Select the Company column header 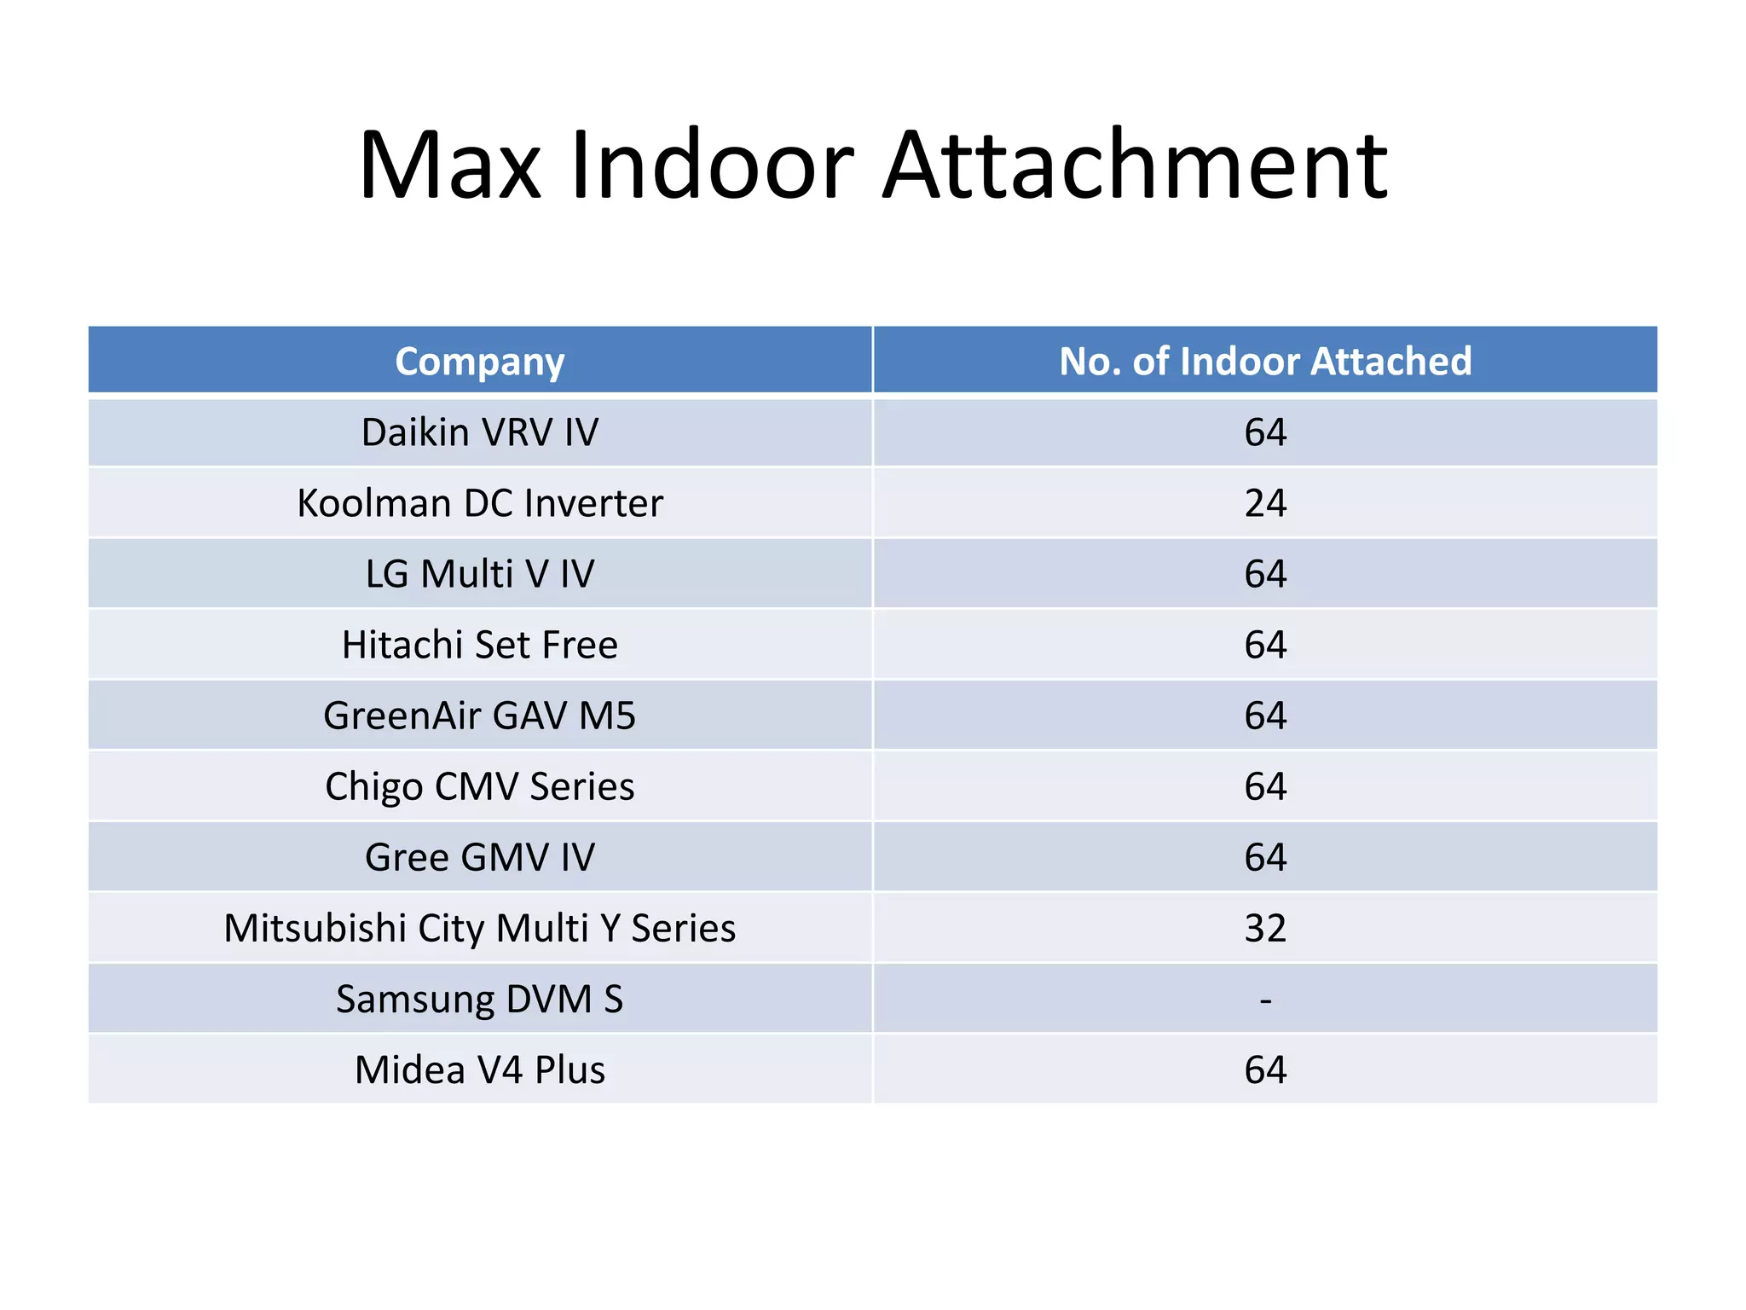pyautogui.click(x=479, y=362)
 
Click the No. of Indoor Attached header pyautogui.click(x=1265, y=362)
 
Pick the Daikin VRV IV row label pyautogui.click(x=479, y=432)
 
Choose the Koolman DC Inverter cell pyautogui.click(x=479, y=503)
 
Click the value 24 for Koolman pyautogui.click(x=1265, y=503)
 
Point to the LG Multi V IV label pyautogui.click(x=479, y=574)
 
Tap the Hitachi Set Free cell pyautogui.click(x=479, y=645)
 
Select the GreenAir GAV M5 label pyautogui.click(x=479, y=716)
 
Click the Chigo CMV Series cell pyautogui.click(x=479, y=786)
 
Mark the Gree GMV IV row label pyautogui.click(x=479, y=857)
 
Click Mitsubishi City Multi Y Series pyautogui.click(x=479, y=928)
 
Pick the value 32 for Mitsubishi pyautogui.click(x=1265, y=928)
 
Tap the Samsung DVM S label pyautogui.click(x=479, y=999)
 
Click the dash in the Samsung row pyautogui.click(x=1265, y=1000)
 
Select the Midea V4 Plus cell pyautogui.click(x=479, y=1069)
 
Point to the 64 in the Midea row pyautogui.click(x=1265, y=1069)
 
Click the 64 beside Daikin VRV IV pyautogui.click(x=1265, y=432)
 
